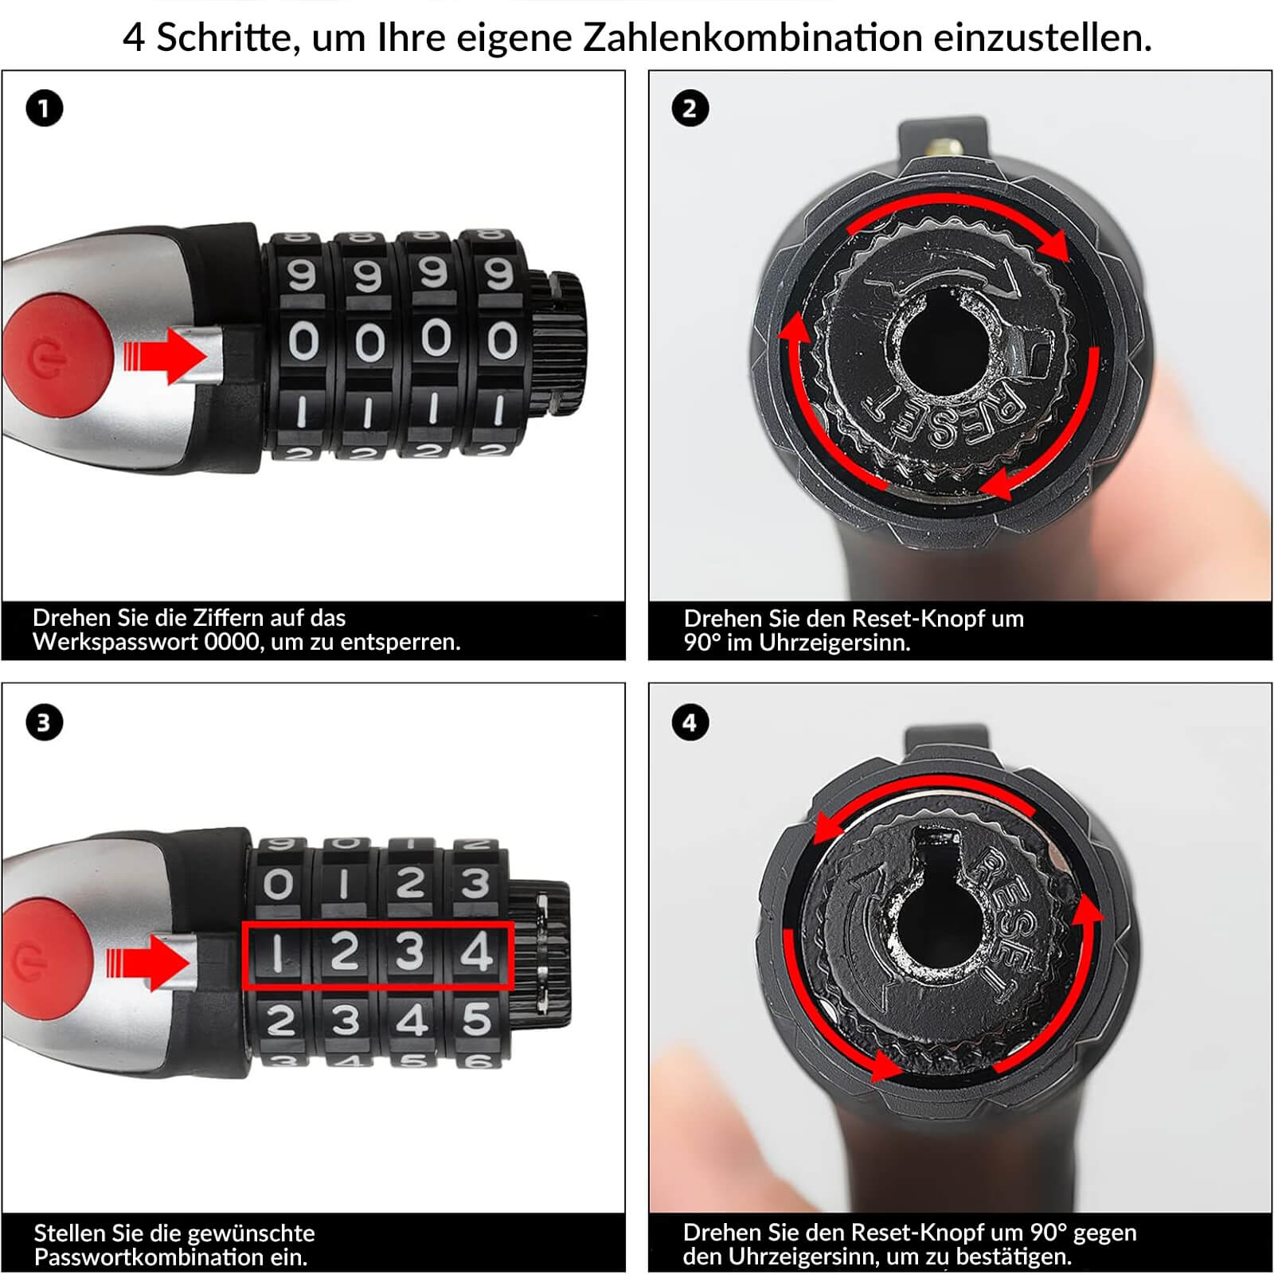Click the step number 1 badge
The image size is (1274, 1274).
(44, 108)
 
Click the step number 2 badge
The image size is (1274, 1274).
(690, 108)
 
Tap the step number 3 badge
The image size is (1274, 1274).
(44, 722)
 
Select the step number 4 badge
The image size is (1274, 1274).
(690, 722)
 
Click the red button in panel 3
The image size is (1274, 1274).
(44, 955)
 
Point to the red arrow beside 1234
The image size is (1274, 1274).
(149, 962)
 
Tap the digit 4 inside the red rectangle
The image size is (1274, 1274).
(476, 952)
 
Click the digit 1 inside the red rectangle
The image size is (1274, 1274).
(278, 952)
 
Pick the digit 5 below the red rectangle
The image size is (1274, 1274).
(476, 1019)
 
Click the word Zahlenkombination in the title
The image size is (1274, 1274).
(752, 37)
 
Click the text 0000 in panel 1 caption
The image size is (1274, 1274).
(232, 642)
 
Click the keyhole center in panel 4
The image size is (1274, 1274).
(940, 924)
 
